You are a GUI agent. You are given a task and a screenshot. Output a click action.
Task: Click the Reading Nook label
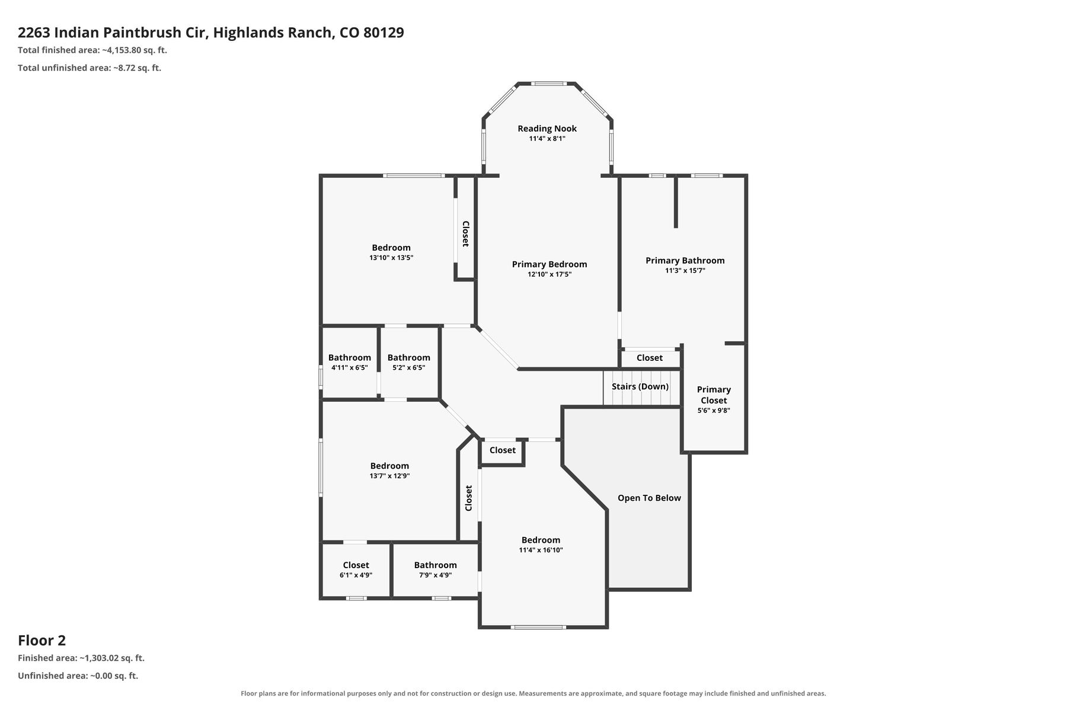pos(547,129)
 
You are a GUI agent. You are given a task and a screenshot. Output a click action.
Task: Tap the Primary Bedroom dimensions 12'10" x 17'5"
pos(550,274)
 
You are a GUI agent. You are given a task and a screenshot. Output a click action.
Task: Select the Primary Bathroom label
pos(685,261)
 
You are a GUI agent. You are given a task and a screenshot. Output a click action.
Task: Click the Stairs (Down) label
pos(640,386)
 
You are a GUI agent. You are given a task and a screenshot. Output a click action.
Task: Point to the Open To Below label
pos(649,498)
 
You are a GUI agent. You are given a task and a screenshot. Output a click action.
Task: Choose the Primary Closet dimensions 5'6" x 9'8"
pos(714,410)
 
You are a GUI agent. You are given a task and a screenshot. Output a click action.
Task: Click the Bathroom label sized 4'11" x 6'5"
pos(350,357)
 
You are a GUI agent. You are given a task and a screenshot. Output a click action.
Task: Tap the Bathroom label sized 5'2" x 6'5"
pos(409,357)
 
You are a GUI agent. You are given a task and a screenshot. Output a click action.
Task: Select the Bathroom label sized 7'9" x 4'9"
pos(435,565)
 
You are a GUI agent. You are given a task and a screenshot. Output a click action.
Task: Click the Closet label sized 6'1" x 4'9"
pos(356,565)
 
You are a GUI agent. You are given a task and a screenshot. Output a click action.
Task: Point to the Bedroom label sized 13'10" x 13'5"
pos(391,248)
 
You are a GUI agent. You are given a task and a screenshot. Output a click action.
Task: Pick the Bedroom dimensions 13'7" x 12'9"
pos(389,476)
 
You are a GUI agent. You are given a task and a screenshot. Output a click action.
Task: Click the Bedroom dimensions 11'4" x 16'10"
pos(541,550)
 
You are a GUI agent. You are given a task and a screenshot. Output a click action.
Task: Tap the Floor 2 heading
pos(41,640)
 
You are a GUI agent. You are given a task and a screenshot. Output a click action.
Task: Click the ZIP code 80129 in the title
pos(384,33)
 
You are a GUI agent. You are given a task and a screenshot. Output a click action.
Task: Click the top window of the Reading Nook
pos(547,84)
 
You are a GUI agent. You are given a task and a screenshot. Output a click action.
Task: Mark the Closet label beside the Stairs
pos(650,358)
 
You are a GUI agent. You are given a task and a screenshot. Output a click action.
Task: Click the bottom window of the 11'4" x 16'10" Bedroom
pos(539,627)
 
